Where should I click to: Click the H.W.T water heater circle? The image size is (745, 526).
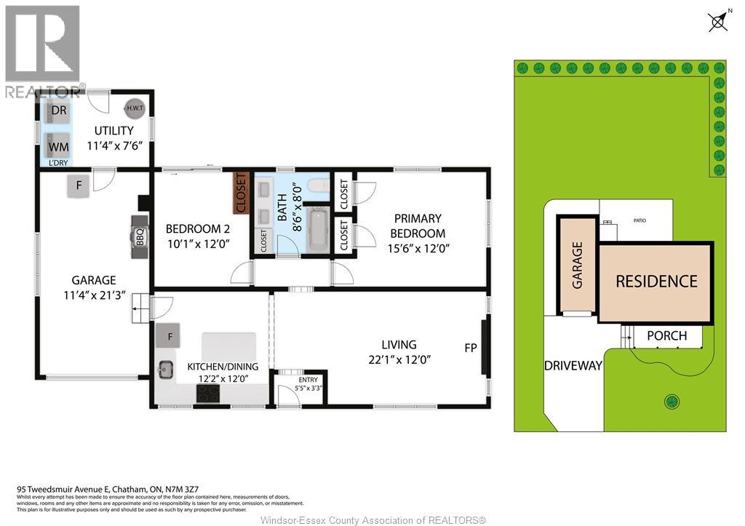pos(135,108)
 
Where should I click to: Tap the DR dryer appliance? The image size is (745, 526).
pos(59,111)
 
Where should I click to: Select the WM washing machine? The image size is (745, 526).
pos(59,146)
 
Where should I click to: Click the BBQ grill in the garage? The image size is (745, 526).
pos(139,236)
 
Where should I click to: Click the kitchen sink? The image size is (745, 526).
pos(167,369)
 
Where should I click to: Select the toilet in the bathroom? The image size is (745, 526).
pos(318,186)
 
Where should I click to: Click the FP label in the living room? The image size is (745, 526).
pos(471,348)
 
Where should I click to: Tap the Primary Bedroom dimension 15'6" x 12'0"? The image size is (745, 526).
pos(419,247)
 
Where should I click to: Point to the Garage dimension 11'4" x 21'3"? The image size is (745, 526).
pos(94,295)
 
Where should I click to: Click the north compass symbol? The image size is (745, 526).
pos(717,22)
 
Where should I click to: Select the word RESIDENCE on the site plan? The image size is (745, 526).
pos(656,282)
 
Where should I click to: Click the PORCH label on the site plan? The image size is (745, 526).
pos(666,335)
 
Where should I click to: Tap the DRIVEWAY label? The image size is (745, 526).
pos(573,365)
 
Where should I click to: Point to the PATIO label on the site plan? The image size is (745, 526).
pos(639,220)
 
